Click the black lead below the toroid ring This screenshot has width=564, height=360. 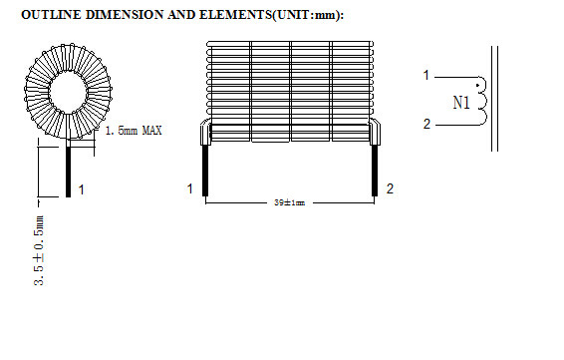pyautogui.click(x=68, y=170)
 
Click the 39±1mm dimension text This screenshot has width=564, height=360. pyautogui.click(x=289, y=202)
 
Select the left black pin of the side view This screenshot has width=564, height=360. pyautogui.click(x=205, y=171)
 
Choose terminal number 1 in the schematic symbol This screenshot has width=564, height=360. pyautogui.click(x=425, y=75)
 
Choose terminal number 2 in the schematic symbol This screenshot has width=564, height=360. pyautogui.click(x=425, y=125)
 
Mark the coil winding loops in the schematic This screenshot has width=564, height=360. pyautogui.click(x=483, y=100)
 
